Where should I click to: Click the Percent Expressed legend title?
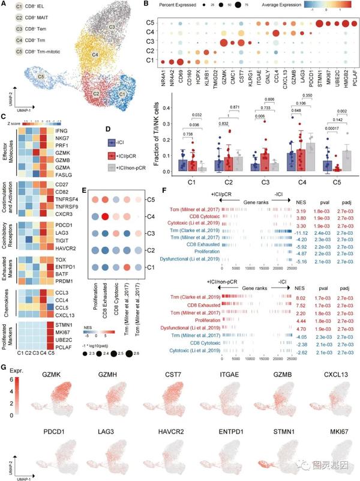pos(184,5)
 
